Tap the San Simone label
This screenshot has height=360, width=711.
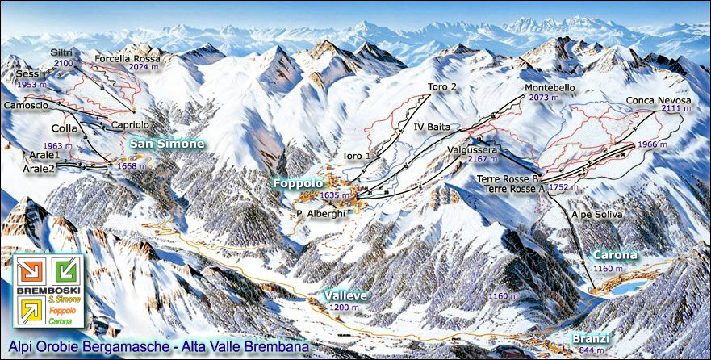pos(165,143)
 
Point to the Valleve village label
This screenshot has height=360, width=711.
pos(345,296)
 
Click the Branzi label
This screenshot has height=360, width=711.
pos(588,338)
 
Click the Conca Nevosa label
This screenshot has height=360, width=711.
pos(659,102)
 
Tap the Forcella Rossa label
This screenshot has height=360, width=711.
pos(127,59)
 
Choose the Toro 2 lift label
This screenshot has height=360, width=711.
pos(443,86)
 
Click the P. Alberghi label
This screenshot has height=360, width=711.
pos(315,213)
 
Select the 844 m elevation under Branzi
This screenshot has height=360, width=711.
pos(591,350)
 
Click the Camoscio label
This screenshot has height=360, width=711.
pos(26,106)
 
